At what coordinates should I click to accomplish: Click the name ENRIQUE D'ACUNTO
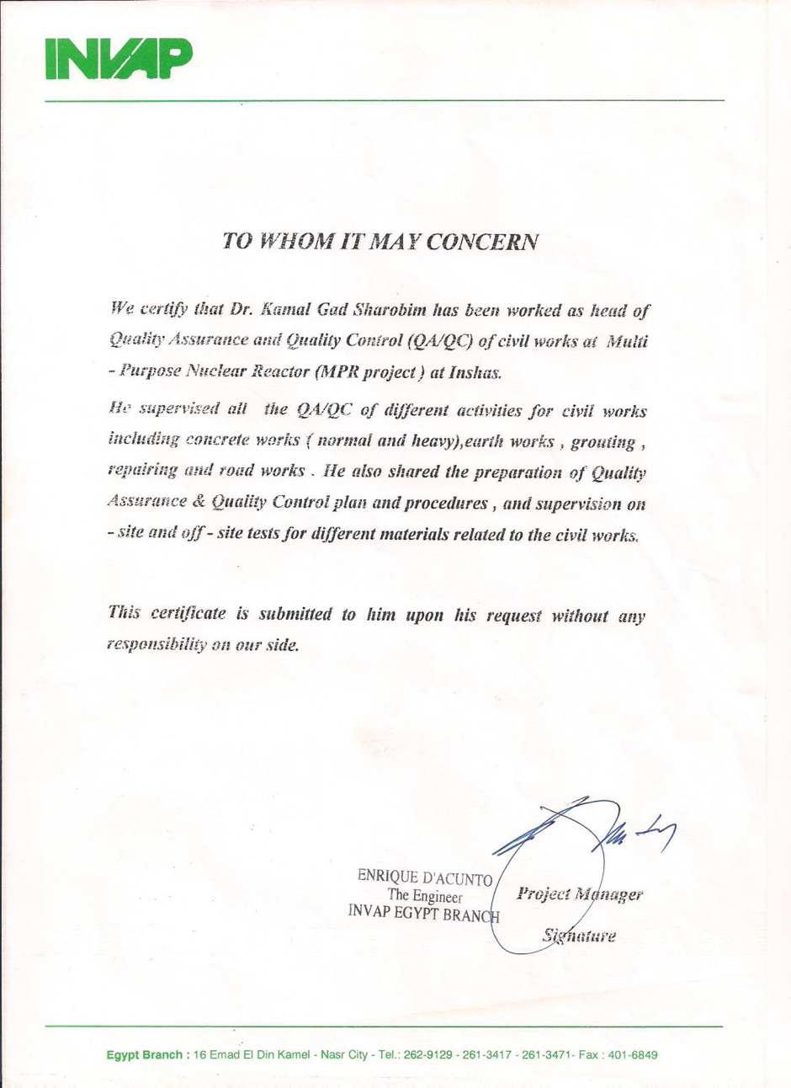(425, 878)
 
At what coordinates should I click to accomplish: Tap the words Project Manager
(581, 895)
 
